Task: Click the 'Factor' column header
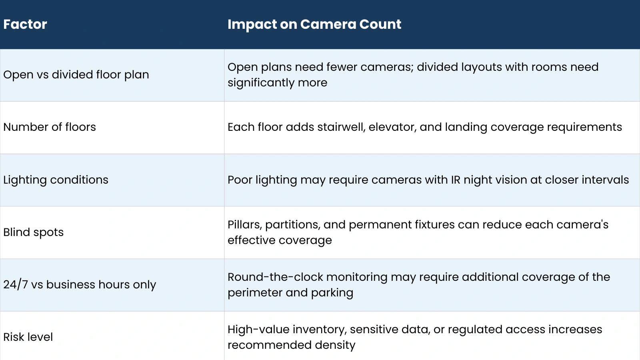point(25,24)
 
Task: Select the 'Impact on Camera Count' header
point(314,24)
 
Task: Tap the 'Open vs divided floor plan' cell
point(76,75)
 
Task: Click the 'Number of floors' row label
point(50,127)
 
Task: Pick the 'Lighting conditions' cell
point(56,180)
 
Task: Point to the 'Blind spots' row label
point(34,232)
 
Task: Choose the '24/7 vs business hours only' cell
point(80,285)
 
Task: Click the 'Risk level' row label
point(28,337)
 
